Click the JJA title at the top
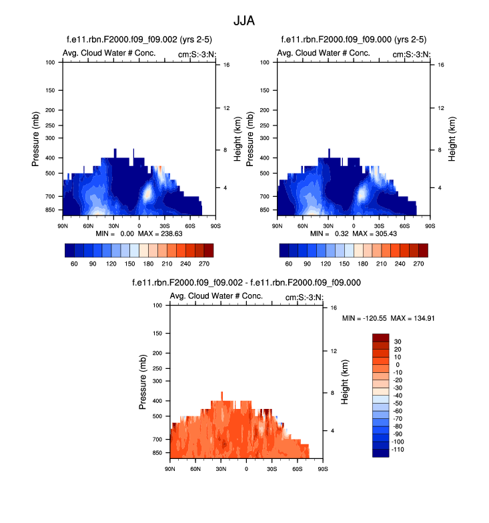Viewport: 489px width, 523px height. pos(244,20)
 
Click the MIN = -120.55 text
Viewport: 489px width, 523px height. pos(364,318)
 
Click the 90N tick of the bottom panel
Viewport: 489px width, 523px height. pos(169,469)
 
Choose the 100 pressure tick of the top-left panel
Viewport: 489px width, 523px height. pos(50,63)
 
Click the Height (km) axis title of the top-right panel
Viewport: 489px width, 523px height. pos(452,139)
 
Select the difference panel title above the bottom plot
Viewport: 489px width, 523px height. pos(247,283)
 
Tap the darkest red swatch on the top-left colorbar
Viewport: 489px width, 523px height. pos(209,250)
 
